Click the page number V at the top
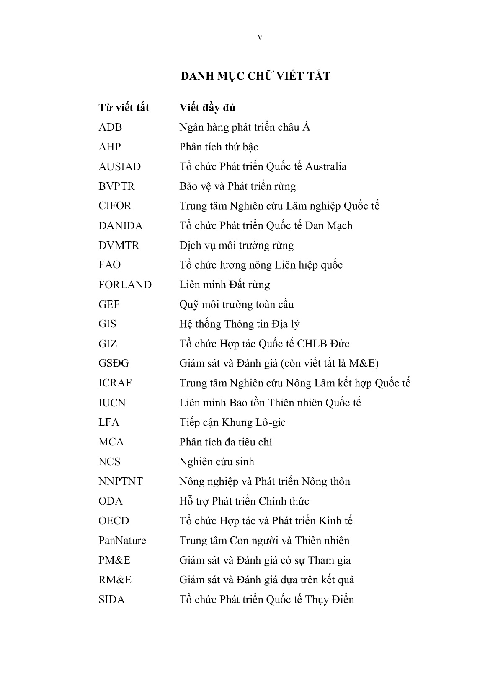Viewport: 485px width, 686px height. [260, 38]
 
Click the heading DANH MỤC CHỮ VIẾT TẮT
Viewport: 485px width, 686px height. [255, 76]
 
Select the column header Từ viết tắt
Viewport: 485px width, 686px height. [124, 108]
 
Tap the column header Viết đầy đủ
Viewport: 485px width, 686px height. [207, 108]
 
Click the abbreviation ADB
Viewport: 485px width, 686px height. [110, 127]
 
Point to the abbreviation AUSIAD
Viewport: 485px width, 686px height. [119, 167]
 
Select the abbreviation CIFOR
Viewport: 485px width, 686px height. [115, 206]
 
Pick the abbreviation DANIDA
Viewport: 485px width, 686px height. [120, 226]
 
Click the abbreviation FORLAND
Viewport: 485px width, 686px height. [125, 285]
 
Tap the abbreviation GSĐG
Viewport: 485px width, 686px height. [114, 363]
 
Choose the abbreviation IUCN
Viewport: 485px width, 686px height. [112, 403]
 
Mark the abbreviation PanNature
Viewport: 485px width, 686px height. [122, 541]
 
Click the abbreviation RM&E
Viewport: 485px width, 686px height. [115, 580]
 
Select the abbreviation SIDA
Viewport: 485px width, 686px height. [111, 600]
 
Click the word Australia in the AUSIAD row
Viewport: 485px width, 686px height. [325, 167]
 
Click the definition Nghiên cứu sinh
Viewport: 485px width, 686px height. [217, 462]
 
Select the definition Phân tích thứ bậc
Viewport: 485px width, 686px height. [219, 147]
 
